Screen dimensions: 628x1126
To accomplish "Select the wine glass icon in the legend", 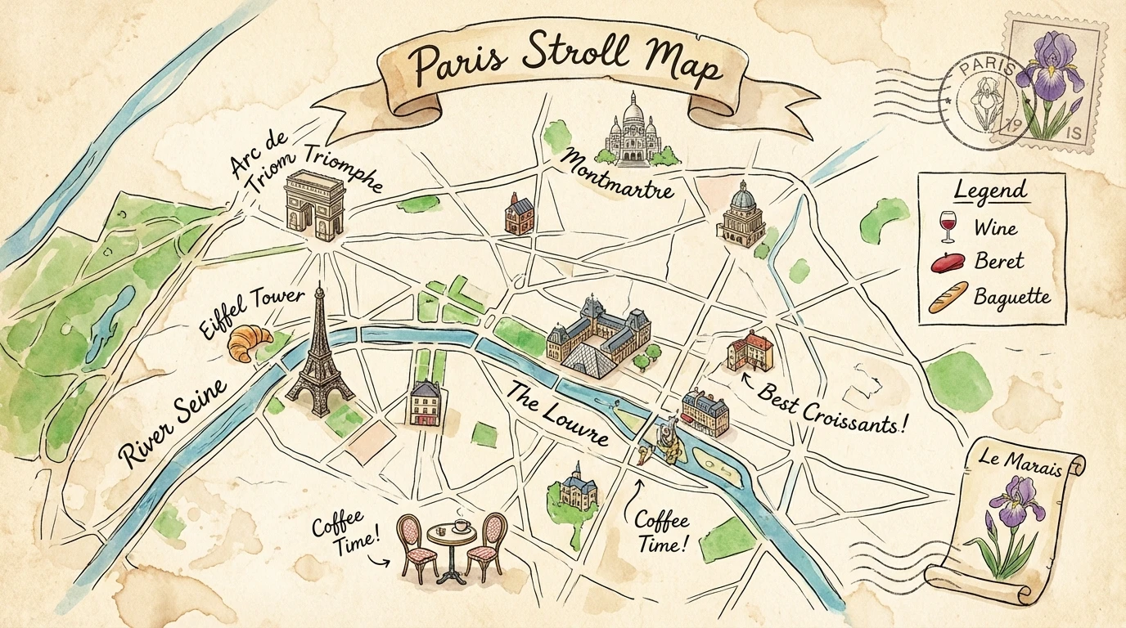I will click(x=948, y=225).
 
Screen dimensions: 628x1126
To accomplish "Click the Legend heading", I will click(x=990, y=191).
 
